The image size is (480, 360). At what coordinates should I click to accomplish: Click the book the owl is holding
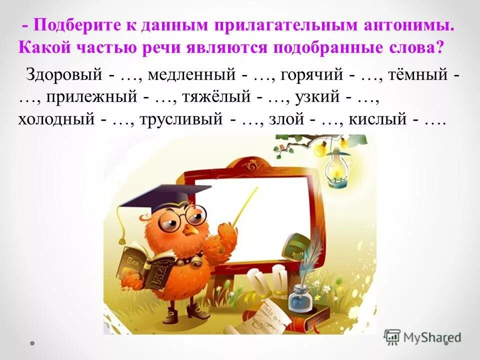[x=142, y=265]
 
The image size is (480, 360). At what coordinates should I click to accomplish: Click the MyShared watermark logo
[x=423, y=336]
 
